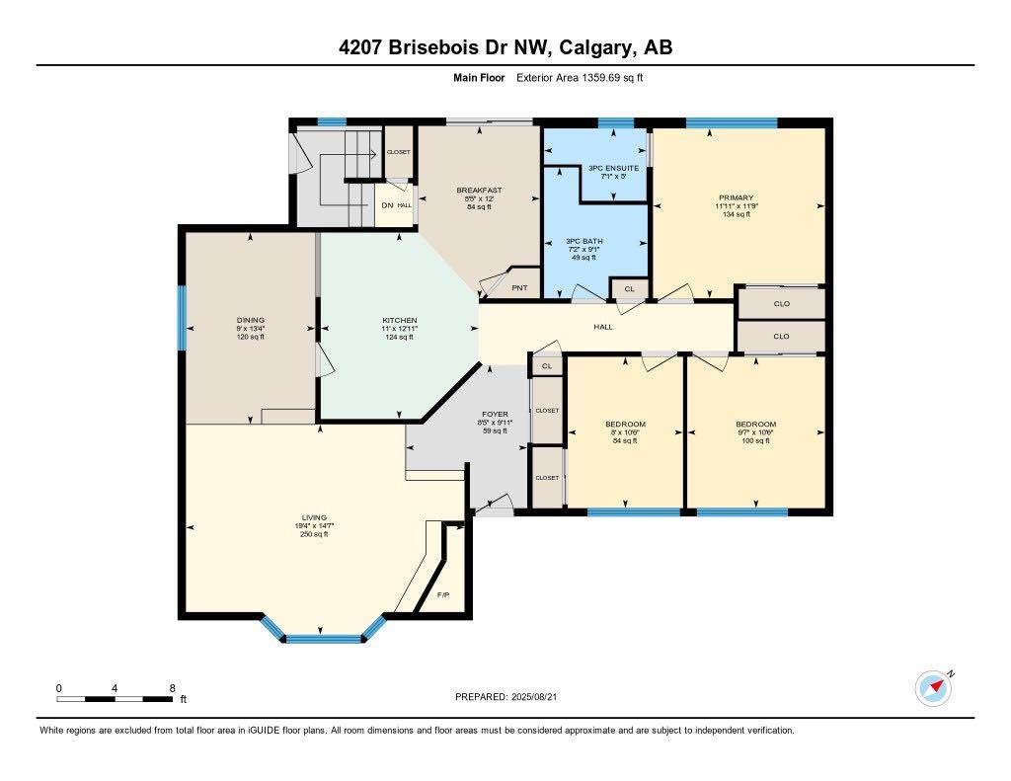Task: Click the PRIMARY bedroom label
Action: click(736, 197)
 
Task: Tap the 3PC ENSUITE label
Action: click(613, 168)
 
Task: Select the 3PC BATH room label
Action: click(583, 241)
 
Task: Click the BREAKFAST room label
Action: click(479, 191)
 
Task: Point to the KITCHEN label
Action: click(400, 320)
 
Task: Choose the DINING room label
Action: click(250, 320)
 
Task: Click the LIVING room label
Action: click(320, 517)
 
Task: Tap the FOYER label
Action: click(494, 415)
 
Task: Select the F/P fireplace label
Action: click(443, 595)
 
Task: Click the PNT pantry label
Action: click(519, 288)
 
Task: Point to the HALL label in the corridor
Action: click(603, 327)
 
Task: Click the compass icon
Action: click(933, 687)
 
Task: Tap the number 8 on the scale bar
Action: click(172, 688)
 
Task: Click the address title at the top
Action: click(505, 47)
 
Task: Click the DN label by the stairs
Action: click(387, 205)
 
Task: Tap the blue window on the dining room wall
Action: click(182, 318)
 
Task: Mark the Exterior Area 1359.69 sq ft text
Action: click(580, 77)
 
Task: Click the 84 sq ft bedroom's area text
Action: click(625, 440)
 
